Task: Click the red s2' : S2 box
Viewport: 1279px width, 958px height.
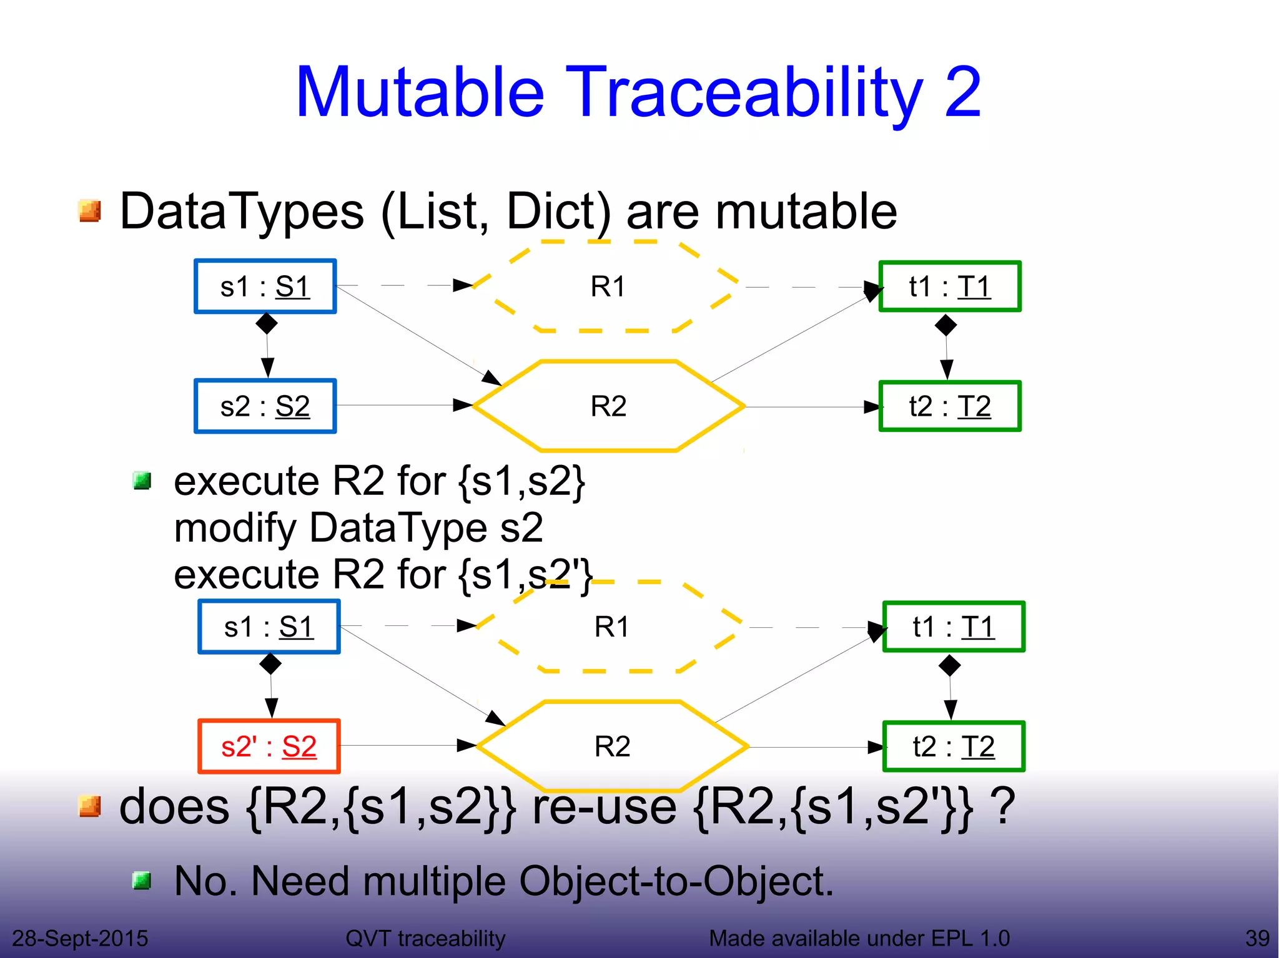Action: [x=269, y=746]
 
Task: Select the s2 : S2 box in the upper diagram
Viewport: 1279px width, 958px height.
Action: [x=265, y=406]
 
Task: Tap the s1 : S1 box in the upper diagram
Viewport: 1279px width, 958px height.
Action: [x=265, y=286]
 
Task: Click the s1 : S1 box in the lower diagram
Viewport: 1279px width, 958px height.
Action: [x=269, y=627]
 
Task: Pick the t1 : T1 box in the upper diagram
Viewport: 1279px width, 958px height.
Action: [x=949, y=286]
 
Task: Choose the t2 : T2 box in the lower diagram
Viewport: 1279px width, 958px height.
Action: [x=953, y=746]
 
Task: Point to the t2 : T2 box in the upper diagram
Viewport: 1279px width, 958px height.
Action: [x=949, y=406]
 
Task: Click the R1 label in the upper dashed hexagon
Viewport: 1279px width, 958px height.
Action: [x=608, y=286]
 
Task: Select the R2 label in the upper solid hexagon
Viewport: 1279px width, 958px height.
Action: [x=608, y=406]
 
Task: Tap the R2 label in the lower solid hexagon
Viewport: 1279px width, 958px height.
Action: [x=612, y=746]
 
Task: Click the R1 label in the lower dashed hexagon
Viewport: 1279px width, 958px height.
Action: [x=612, y=627]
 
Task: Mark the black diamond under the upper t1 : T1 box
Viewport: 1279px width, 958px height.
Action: [x=946, y=325]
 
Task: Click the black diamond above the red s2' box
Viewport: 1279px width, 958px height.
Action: [x=270, y=663]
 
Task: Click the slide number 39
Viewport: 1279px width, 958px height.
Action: [x=1257, y=938]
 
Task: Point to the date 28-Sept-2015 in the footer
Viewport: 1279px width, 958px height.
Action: [x=80, y=938]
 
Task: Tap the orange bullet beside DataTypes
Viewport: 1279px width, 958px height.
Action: [x=90, y=211]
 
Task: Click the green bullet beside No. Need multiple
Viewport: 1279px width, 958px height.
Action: [x=142, y=881]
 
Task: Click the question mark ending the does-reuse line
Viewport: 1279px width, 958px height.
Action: [x=1004, y=806]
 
